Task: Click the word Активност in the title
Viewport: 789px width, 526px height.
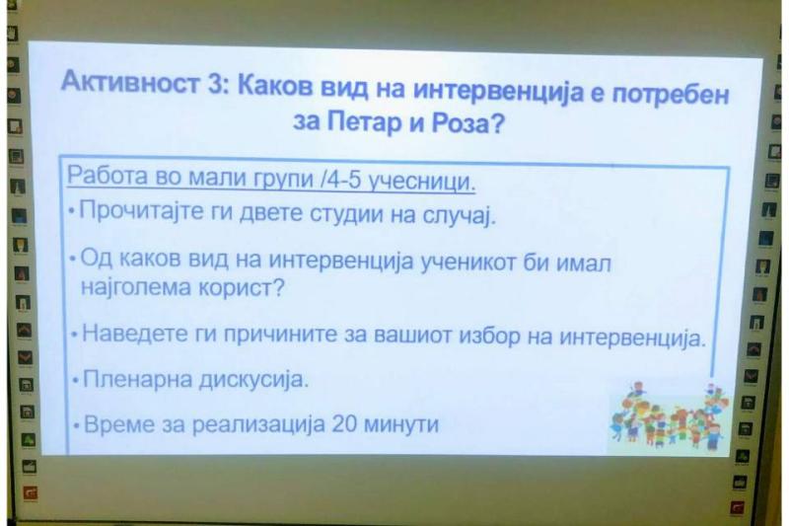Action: point(130,82)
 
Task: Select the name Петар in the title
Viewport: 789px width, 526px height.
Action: point(365,122)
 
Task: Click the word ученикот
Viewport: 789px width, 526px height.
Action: point(467,262)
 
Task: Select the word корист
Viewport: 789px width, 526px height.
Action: point(240,288)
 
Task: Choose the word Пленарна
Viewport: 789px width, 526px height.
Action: point(137,378)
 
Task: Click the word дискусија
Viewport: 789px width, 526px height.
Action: point(252,380)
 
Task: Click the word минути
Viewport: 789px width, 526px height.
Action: point(400,424)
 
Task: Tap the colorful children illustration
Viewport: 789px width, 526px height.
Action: point(669,415)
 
